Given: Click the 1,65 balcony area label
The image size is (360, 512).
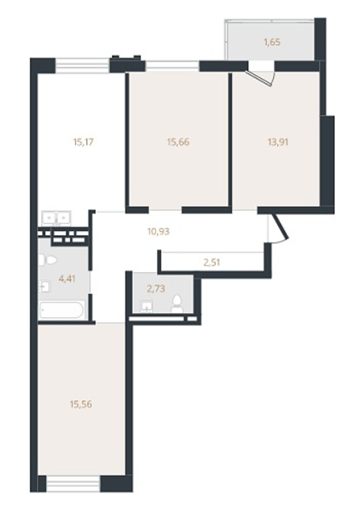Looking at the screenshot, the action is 272,42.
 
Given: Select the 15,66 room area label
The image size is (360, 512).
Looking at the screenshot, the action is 178,142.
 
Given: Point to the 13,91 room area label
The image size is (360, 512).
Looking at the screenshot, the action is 278,142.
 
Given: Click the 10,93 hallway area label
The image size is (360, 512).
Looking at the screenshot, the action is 158,232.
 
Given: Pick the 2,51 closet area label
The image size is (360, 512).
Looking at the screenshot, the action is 211,262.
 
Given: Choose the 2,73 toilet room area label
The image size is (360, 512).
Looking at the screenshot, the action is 156,289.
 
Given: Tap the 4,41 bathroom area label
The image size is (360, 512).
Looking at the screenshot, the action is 67,279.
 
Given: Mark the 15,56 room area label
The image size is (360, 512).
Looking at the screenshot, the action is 81,404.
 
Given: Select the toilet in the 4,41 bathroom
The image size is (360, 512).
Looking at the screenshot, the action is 48,260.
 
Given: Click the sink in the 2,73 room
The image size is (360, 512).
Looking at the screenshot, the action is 146,307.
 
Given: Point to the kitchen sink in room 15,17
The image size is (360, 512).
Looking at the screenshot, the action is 56,218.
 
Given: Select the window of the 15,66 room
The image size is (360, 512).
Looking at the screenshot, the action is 172,66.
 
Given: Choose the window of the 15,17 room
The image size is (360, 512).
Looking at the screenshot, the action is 82,66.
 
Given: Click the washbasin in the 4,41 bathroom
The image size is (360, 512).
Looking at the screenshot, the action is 44,286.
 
